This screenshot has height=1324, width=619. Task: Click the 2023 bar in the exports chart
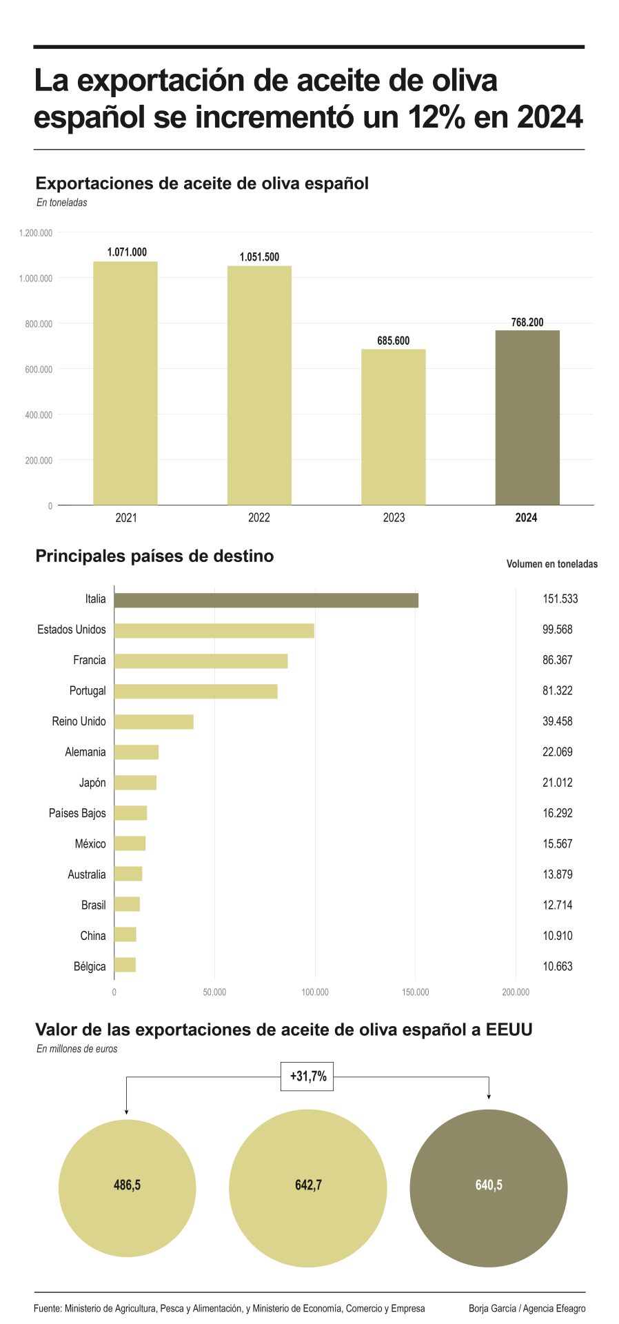(x=393, y=428)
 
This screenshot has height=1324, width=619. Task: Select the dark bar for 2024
(x=527, y=418)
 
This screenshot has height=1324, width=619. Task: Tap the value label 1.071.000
(x=127, y=252)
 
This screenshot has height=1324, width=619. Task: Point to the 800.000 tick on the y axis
(x=39, y=323)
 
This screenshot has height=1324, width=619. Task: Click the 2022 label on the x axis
(x=259, y=518)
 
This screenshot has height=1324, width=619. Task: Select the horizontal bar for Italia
(x=266, y=600)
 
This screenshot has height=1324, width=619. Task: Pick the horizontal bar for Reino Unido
(x=154, y=722)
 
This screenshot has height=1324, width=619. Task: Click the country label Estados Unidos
(x=72, y=630)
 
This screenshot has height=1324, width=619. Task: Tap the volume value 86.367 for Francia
(x=557, y=660)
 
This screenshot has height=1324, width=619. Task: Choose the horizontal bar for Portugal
(x=196, y=691)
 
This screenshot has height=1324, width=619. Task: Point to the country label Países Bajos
(x=77, y=813)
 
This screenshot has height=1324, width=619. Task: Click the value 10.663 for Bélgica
(x=557, y=966)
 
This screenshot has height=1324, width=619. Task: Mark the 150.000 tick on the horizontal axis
(x=415, y=992)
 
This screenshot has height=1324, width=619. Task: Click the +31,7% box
(x=307, y=1076)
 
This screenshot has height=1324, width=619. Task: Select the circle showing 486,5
(x=127, y=1188)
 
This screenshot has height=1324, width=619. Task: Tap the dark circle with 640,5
(x=488, y=1188)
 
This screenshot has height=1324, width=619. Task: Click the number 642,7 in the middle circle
(x=308, y=1185)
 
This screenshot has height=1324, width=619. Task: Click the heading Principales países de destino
(x=154, y=556)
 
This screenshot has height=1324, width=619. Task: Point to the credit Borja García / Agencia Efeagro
(x=527, y=1308)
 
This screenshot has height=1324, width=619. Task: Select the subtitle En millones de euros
(x=77, y=1049)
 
